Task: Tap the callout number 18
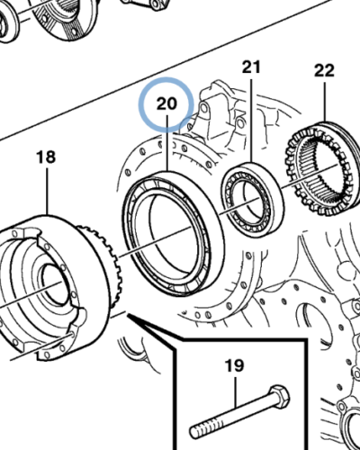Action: [x=45, y=158]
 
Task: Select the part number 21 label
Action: [x=250, y=67]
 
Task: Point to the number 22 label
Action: [x=323, y=70]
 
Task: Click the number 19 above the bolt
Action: [x=234, y=365]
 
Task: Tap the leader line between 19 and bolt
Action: [x=236, y=389]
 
